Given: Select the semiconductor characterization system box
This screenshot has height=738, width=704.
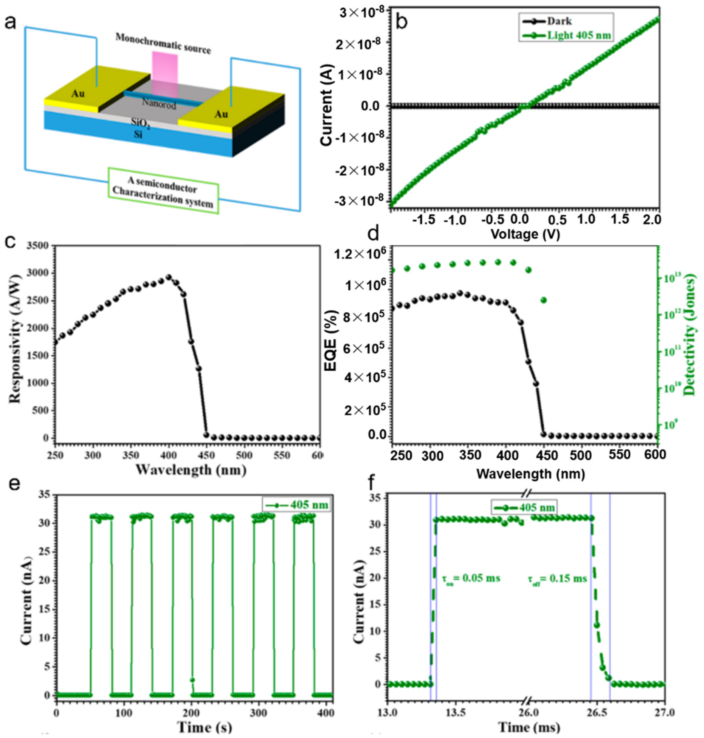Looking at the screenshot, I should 163,191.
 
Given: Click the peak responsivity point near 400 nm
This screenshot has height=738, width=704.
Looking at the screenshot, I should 169,277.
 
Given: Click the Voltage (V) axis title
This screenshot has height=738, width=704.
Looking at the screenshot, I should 525,235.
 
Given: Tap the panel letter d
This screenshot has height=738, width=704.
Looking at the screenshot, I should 374,233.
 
